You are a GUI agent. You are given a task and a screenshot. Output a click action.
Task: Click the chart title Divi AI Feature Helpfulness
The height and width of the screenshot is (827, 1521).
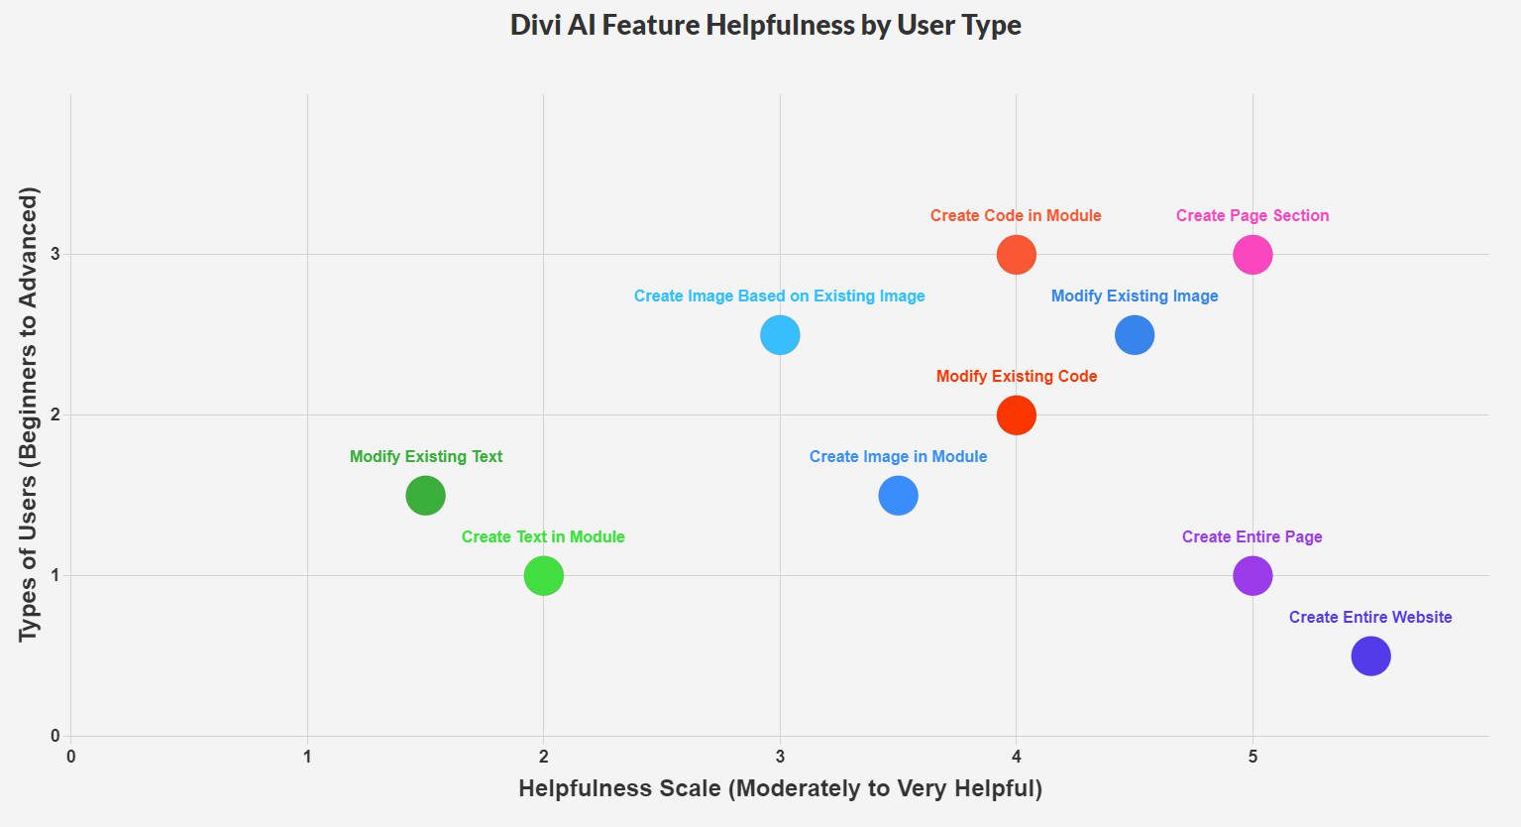[x=765, y=25]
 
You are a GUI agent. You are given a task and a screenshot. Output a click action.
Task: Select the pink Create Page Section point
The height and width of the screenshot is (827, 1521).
[x=1252, y=255]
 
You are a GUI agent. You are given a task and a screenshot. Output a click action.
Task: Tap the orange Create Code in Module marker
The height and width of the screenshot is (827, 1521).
[x=1016, y=255]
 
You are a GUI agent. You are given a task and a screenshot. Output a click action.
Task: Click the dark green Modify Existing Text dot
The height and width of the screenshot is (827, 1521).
[x=425, y=495]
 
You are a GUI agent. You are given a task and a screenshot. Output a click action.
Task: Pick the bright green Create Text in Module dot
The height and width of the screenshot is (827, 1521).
[x=543, y=575]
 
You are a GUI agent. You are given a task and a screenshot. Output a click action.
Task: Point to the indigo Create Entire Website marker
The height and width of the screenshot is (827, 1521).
[x=1370, y=655]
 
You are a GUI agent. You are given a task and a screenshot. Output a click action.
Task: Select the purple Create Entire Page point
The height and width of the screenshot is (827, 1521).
[x=1252, y=575]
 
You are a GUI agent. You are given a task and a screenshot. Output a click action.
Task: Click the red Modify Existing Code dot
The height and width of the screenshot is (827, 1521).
[x=1016, y=414]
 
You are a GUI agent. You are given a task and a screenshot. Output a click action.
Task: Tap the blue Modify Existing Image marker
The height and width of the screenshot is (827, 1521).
[x=1135, y=335]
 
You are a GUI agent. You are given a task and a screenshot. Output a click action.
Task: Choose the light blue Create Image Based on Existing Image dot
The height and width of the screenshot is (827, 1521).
[x=780, y=335]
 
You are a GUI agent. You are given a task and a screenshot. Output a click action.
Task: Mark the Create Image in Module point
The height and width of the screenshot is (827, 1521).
[x=898, y=495]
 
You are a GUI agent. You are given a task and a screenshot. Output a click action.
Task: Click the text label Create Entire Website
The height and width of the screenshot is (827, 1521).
[x=1370, y=617]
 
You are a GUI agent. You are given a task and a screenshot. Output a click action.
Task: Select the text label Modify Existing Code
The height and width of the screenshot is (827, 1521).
[x=1017, y=376]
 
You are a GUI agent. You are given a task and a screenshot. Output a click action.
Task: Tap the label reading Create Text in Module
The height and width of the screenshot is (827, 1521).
[x=543, y=536]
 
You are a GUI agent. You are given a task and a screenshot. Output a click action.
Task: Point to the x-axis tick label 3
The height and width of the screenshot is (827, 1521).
[x=780, y=758]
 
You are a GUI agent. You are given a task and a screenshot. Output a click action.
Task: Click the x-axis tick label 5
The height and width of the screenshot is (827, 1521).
[x=1252, y=758]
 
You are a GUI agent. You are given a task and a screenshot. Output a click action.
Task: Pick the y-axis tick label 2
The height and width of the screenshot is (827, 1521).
[x=55, y=414]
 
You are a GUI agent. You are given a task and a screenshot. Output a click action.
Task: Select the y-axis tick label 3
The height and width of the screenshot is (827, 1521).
[x=55, y=255]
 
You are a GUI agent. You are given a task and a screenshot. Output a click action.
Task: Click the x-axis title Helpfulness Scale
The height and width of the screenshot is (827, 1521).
[x=780, y=789]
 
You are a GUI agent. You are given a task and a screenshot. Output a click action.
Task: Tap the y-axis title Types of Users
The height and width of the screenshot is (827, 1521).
[x=29, y=414]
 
